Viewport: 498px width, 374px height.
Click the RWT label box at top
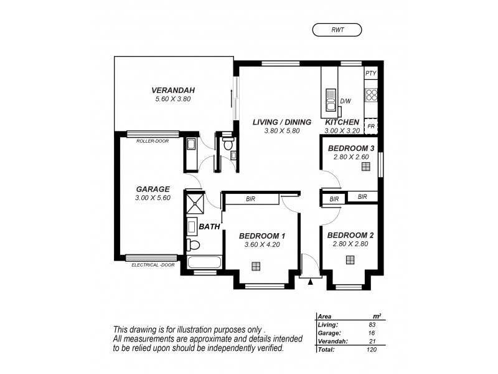point(337,29)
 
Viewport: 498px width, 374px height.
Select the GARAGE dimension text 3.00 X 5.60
point(153,198)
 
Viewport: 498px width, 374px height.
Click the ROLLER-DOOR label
point(153,141)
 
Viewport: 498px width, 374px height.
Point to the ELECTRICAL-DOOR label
point(153,265)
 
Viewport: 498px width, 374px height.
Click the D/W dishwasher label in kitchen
point(345,101)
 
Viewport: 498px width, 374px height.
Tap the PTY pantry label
point(371,74)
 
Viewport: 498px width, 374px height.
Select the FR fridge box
point(371,127)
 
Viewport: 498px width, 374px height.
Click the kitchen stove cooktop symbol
point(371,95)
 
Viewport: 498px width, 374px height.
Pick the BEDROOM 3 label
point(350,148)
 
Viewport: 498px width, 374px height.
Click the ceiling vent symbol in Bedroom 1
point(256,266)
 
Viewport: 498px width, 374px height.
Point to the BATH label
point(209,227)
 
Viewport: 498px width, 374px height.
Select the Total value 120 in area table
point(372,350)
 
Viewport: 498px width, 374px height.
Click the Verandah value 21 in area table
point(372,342)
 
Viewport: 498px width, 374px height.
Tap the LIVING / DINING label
point(277,122)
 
